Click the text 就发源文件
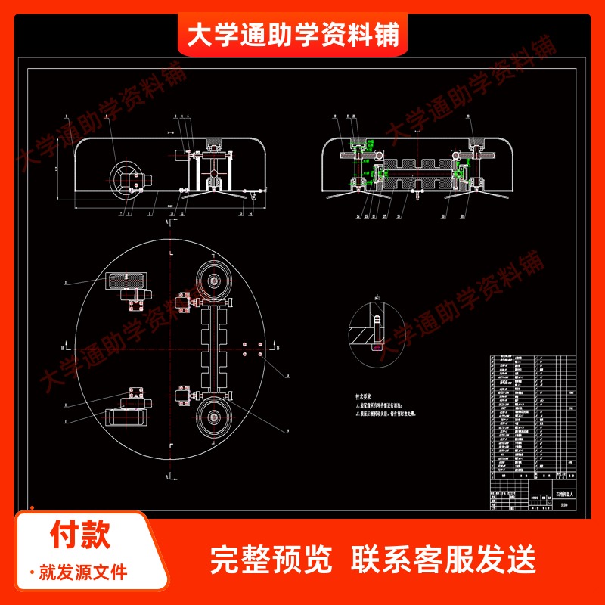point(83,571)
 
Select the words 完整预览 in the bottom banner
point(271,560)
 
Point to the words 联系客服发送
point(444,560)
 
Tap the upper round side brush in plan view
point(216,283)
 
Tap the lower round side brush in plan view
point(216,417)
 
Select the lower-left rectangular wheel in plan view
point(126,417)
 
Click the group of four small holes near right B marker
point(253,349)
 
